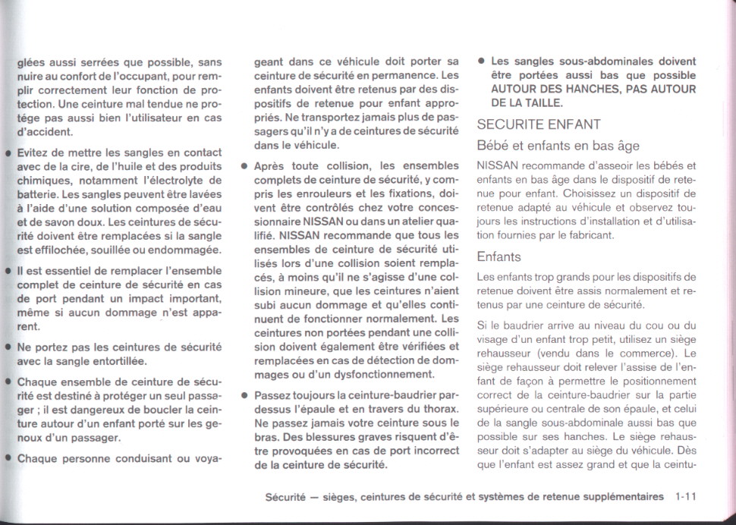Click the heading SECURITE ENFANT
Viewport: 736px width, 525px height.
point(539,124)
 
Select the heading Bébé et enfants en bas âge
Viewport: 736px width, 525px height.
point(558,146)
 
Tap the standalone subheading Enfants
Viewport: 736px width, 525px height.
point(499,256)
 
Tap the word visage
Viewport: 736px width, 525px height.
point(494,339)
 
